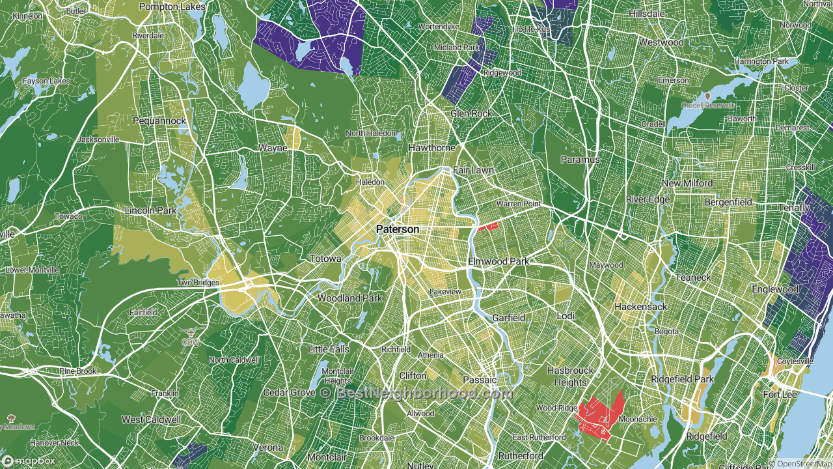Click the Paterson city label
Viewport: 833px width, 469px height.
tap(397, 230)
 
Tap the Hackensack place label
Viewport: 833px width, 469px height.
tap(641, 306)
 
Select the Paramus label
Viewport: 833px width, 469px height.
tap(580, 160)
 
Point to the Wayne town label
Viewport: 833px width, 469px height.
tap(273, 148)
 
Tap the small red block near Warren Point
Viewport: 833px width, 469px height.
tap(488, 227)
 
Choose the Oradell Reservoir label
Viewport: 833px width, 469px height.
tap(707, 105)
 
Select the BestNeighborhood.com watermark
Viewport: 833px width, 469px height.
tap(416, 393)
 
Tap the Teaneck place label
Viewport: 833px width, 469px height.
tap(693, 277)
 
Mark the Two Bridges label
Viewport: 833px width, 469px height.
tap(198, 283)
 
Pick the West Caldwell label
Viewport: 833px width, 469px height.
tap(151, 419)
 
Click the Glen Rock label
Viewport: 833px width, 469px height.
tap(471, 113)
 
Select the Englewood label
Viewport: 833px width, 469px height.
tap(774, 289)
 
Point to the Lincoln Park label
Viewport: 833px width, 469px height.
tap(150, 210)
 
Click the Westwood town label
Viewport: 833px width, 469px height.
tap(661, 42)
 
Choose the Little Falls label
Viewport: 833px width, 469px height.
tap(328, 349)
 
